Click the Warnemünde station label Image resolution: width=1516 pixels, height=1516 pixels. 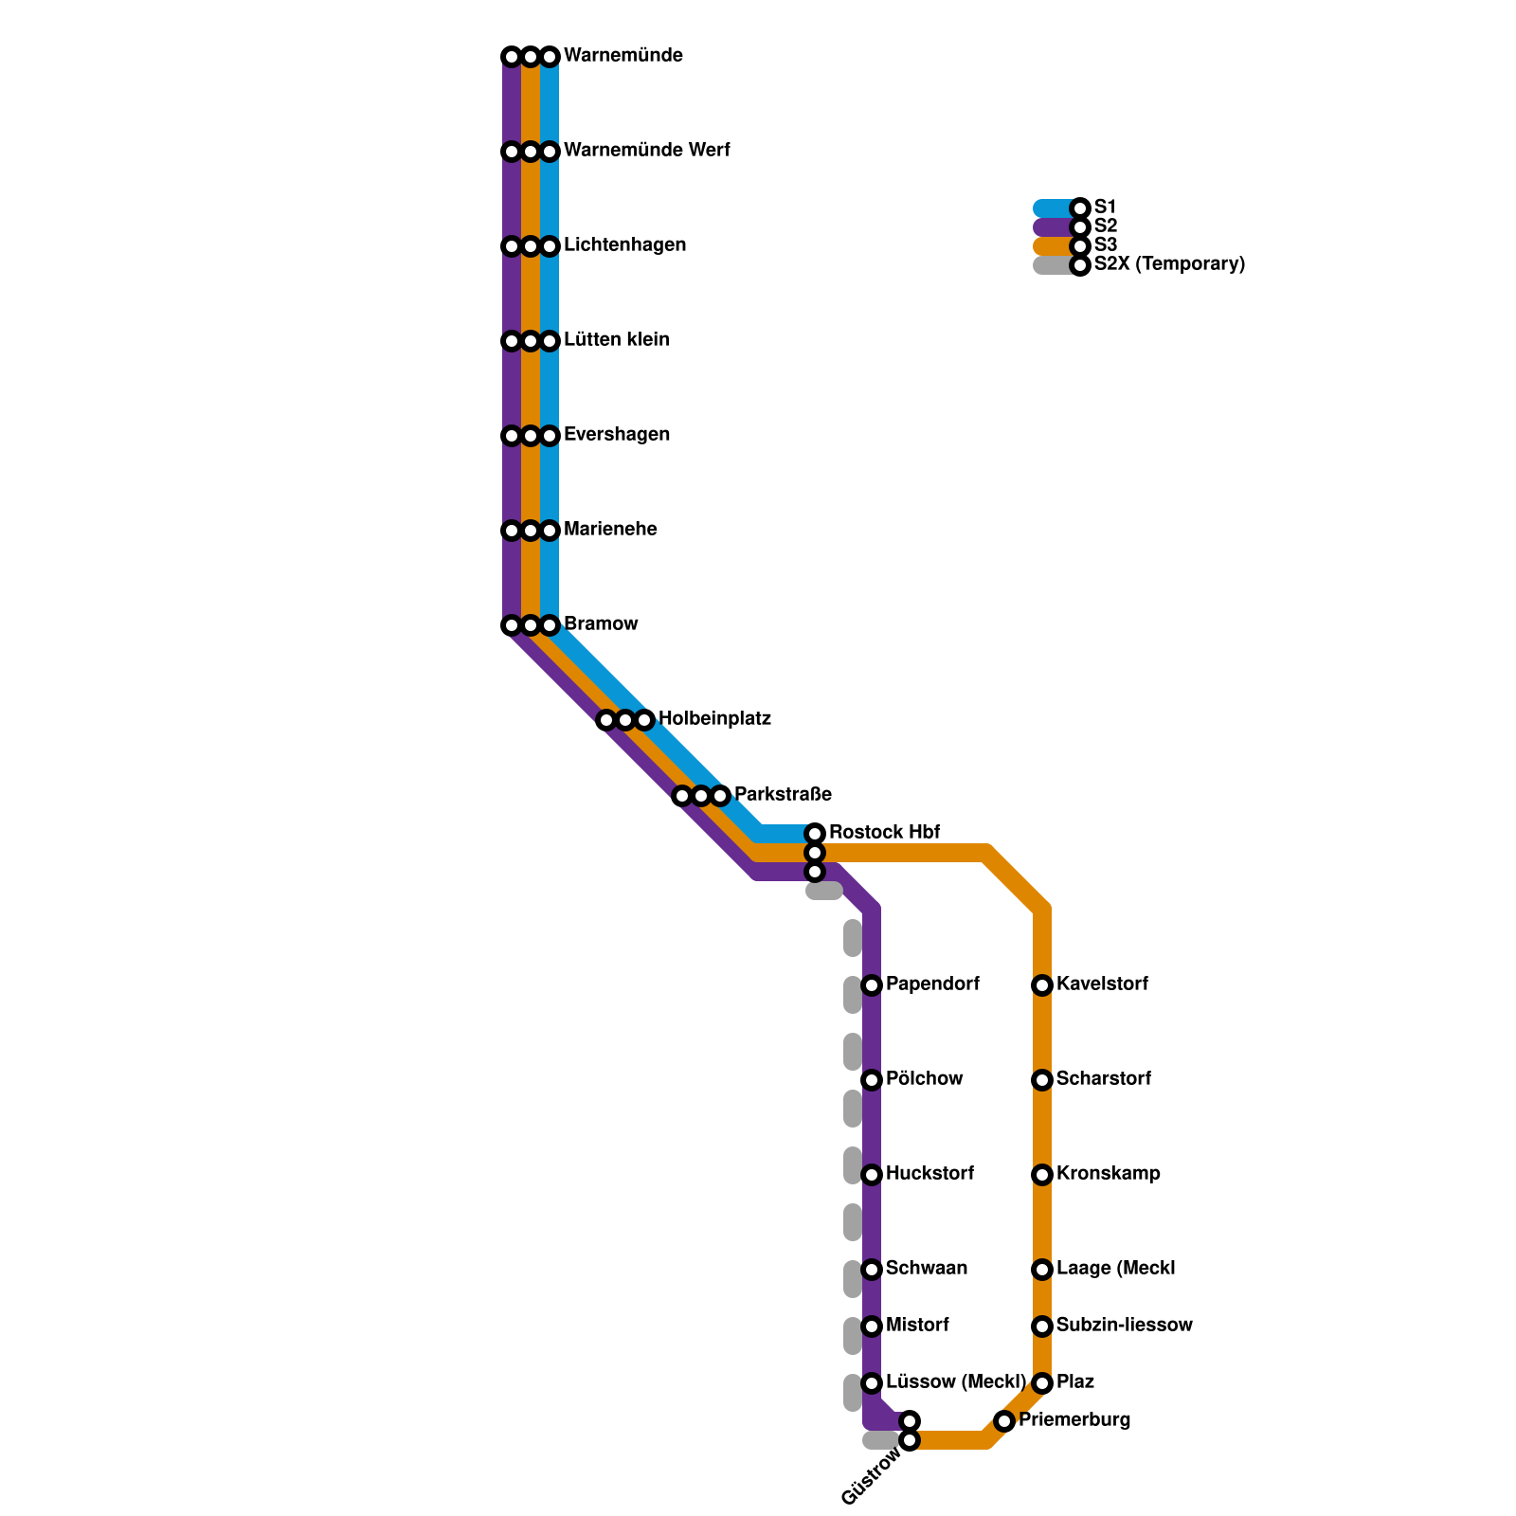[623, 56]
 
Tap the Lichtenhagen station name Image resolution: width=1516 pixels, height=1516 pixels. [624, 245]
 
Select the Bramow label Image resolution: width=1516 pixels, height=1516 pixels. [601, 624]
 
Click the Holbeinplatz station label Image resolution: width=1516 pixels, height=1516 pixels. [714, 719]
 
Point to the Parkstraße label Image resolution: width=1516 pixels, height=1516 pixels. [783, 794]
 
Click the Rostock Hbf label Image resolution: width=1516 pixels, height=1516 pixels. [884, 833]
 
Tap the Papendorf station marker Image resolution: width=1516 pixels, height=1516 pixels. [872, 985]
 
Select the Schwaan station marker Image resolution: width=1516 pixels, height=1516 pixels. [872, 1270]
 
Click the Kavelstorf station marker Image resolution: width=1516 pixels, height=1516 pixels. [1042, 985]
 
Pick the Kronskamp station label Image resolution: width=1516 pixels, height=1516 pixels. [1108, 1174]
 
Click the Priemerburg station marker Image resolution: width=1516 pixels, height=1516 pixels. [1004, 1421]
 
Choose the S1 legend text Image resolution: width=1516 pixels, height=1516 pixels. [1106, 208]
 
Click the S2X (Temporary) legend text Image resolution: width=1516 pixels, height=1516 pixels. [1169, 264]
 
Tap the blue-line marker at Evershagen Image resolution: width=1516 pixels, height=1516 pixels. [550, 436]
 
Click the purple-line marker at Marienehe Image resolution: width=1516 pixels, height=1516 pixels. [512, 531]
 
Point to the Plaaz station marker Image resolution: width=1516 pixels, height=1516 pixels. [1042, 1383]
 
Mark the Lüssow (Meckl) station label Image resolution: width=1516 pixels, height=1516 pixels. [955, 1382]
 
